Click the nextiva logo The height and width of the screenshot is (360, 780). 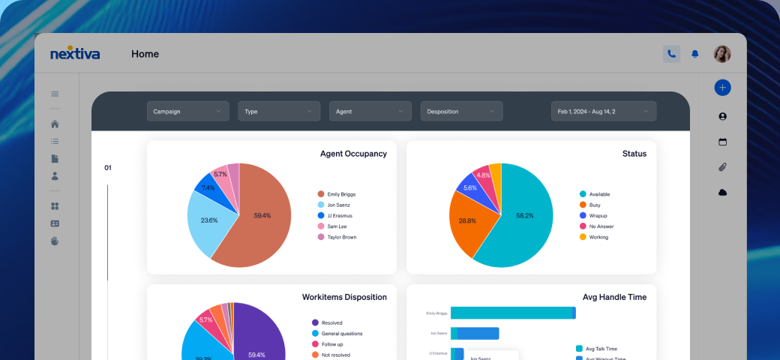(75, 54)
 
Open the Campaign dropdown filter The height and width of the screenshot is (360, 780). (187, 111)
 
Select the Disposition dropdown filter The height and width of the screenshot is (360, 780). (461, 111)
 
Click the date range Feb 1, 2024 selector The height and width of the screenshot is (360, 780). (604, 111)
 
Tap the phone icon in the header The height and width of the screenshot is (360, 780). (671, 54)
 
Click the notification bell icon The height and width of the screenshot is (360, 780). (695, 54)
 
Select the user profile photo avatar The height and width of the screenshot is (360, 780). (721, 54)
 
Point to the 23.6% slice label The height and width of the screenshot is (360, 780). (209, 220)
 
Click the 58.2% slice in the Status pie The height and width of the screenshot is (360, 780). (524, 215)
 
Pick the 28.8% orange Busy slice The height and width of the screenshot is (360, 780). (467, 220)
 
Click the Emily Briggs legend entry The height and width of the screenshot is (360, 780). (341, 194)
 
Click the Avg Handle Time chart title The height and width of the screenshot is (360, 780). (614, 297)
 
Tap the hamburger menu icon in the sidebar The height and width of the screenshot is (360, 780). (55, 94)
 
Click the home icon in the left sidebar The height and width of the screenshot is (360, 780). (55, 124)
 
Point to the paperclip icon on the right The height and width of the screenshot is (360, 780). (722, 166)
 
